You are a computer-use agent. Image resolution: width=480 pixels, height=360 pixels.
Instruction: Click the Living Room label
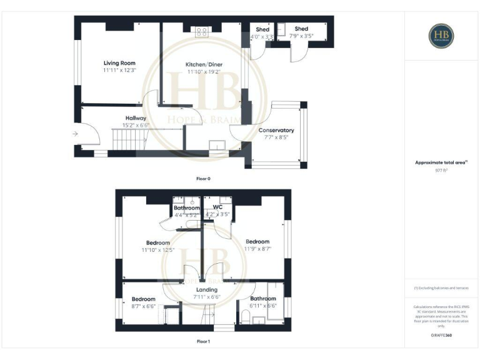[x=119, y=63]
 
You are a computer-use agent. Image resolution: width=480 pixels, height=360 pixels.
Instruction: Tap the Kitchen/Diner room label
[x=204, y=64]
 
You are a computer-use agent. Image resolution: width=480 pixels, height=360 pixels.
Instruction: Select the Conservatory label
[x=276, y=131]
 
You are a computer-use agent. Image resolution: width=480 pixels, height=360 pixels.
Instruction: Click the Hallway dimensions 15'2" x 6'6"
[x=136, y=125]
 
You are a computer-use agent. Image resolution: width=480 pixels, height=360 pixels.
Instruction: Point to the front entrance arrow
[x=74, y=133]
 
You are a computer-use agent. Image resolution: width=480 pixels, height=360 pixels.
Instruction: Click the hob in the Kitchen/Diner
[x=202, y=32]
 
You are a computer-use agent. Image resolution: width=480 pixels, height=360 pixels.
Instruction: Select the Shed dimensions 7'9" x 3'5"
[x=301, y=36]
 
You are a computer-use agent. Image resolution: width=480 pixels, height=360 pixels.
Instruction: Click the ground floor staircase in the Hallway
[x=126, y=139]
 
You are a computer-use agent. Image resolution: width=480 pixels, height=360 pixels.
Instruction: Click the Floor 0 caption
[x=203, y=179]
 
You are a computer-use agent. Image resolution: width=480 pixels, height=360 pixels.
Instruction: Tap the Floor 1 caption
[x=203, y=342]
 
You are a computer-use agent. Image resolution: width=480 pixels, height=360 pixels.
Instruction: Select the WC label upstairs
[x=217, y=207]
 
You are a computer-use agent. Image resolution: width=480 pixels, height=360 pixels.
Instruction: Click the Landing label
[x=207, y=290]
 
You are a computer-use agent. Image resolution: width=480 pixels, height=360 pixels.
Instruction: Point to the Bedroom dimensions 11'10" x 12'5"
[x=157, y=250]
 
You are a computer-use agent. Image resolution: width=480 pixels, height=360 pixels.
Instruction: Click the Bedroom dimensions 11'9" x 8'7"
[x=257, y=249]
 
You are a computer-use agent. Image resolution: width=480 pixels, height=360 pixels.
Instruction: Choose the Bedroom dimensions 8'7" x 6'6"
[x=143, y=306]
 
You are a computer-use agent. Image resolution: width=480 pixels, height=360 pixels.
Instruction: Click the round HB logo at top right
[x=441, y=36]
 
